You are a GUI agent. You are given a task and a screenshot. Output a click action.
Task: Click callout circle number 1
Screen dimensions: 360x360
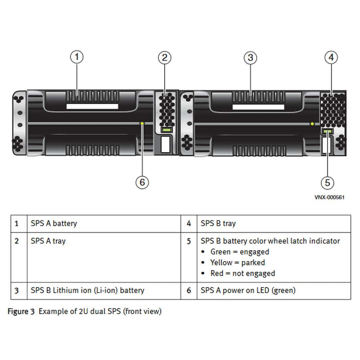coord(77,57)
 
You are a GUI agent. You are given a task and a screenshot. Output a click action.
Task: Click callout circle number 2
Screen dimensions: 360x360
coord(165,57)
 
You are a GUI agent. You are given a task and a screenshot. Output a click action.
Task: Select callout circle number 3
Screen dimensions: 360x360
coord(250,57)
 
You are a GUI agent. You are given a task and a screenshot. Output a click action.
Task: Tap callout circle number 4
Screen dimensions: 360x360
coord(331,57)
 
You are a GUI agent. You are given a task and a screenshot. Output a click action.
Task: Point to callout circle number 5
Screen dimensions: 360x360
coord(327,182)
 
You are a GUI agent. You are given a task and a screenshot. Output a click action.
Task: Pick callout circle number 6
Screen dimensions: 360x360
coord(142,182)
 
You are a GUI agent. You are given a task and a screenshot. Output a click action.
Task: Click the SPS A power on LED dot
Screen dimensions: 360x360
coord(142,122)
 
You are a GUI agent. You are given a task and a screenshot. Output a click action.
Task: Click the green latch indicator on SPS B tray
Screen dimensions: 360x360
coord(327,131)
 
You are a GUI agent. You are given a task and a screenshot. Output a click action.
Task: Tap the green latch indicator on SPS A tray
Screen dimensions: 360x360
coord(166,130)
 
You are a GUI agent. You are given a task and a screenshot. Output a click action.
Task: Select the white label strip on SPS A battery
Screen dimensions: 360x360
coord(92,107)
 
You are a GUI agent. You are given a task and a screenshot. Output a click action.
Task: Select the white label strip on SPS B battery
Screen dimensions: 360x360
coord(258,107)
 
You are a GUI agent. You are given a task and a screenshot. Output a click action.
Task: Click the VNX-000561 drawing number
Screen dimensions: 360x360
coord(329,198)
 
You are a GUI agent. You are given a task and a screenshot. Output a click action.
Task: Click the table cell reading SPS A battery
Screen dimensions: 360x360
coord(54,223)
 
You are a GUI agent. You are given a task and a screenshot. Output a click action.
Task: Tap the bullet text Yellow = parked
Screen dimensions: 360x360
coord(237,262)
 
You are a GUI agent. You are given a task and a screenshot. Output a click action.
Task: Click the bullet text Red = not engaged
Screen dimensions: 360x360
coord(243,273)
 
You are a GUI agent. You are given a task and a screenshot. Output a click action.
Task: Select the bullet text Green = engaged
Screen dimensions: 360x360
coord(239,252)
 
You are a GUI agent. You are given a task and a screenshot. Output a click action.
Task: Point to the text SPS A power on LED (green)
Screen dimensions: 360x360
coord(248,291)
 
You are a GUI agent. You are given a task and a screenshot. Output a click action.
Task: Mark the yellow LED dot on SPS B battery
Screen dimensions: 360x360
coord(312,123)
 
